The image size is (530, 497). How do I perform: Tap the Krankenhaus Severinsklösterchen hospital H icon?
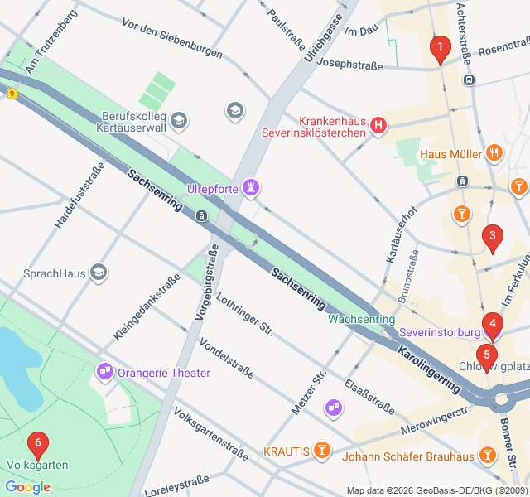point(378,125)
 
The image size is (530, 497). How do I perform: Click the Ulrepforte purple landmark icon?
point(251,186)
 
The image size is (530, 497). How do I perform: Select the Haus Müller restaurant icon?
point(494,152)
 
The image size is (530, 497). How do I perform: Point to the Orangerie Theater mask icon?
point(104,372)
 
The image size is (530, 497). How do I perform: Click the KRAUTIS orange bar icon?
point(322,451)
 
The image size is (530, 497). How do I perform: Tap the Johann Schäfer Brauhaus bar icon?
point(489,456)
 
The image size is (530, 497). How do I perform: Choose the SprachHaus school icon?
point(99,273)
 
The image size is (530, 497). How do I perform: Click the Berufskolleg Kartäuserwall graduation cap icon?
point(179,122)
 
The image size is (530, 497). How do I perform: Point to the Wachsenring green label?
point(361,319)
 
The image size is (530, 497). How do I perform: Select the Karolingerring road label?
point(428,369)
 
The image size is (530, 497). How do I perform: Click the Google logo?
point(27,487)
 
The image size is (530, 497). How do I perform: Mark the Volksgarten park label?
point(37,466)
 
